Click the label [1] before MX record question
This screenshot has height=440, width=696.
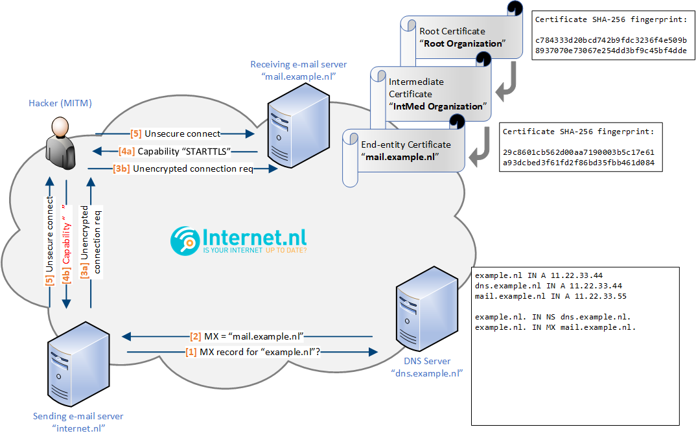[191, 353]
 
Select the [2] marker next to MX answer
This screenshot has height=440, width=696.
[196, 336]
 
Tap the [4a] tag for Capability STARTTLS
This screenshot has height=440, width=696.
[126, 152]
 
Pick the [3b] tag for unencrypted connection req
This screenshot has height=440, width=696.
[121, 168]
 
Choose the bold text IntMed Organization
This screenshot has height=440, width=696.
[438, 106]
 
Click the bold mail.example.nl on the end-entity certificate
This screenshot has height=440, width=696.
[400, 157]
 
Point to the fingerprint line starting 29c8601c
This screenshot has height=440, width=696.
[579, 152]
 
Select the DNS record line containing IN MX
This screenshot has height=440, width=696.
[555, 327]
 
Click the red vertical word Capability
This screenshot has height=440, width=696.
[65, 243]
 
